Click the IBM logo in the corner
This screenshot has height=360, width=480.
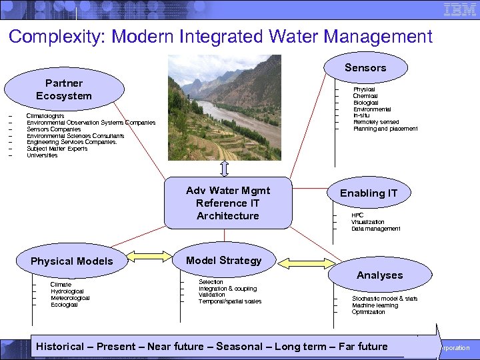[459, 11]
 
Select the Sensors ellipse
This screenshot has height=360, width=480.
[365, 67]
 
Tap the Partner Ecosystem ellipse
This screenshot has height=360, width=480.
[64, 89]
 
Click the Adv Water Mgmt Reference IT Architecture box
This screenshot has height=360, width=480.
[228, 203]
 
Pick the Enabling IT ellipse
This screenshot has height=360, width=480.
[369, 193]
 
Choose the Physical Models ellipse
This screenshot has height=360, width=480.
[72, 261]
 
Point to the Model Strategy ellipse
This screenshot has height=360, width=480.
[224, 261]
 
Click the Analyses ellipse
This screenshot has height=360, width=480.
[379, 275]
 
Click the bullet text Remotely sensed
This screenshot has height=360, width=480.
[376, 122]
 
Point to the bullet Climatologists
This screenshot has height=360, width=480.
[45, 116]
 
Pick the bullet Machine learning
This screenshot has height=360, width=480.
[375, 305]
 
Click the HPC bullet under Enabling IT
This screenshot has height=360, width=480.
[357, 215]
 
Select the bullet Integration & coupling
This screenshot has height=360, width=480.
[227, 289]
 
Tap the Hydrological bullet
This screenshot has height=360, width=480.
[67, 291]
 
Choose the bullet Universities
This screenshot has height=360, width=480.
[42, 155]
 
